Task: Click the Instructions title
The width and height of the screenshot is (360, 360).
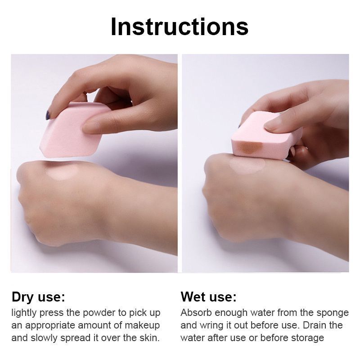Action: [x=180, y=27]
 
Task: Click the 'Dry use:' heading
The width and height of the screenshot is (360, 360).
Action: [x=38, y=297]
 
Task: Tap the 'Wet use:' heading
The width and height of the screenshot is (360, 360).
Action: [x=208, y=297]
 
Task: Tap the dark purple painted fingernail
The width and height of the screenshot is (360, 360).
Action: [x=48, y=115]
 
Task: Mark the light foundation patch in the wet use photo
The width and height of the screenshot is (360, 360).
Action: [x=247, y=165]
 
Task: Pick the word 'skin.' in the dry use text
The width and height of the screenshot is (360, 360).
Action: [x=149, y=338]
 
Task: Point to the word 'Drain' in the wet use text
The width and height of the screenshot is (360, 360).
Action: [x=316, y=325]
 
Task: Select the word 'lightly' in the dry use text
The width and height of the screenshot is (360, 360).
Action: [x=24, y=313]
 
